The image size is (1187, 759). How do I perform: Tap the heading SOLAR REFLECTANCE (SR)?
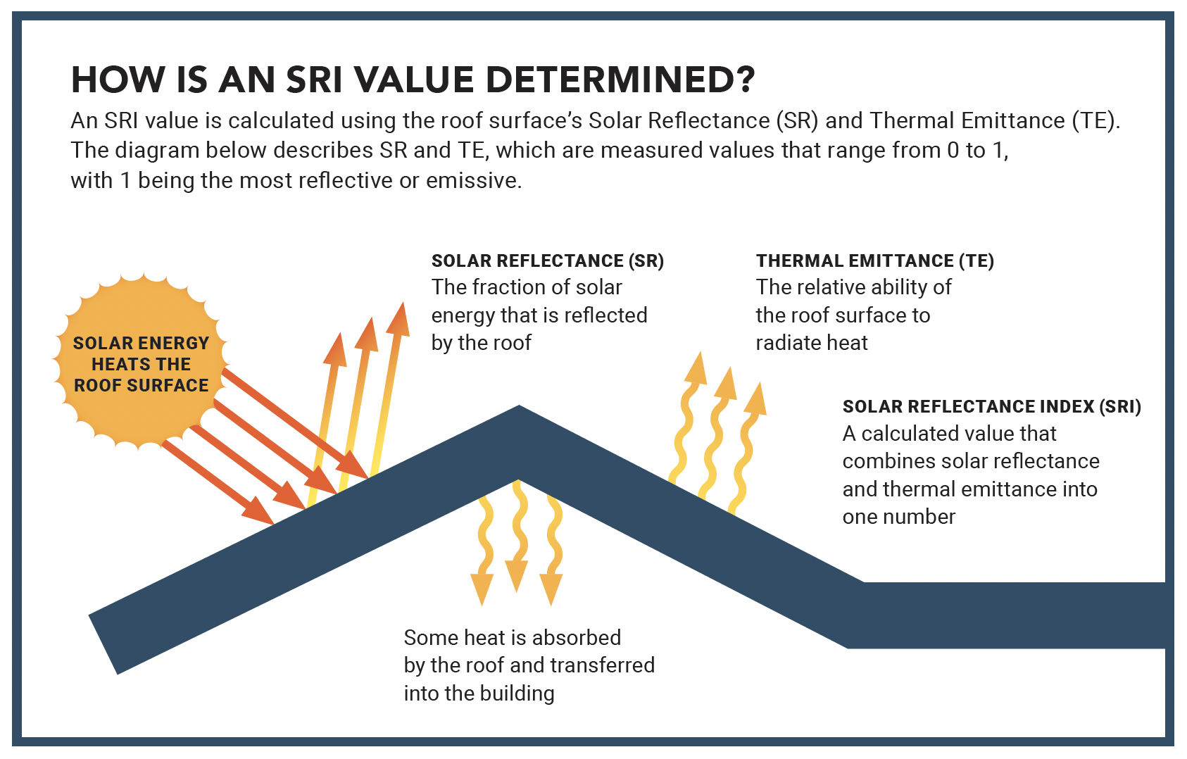pos(547,261)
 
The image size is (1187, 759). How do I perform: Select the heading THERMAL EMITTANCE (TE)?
pos(874,261)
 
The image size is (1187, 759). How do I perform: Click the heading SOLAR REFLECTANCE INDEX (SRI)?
pos(991,407)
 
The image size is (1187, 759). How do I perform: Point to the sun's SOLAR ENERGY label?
pos(141,344)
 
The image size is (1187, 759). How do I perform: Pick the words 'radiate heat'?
pos(811,343)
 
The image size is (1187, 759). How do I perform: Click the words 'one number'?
pos(898,517)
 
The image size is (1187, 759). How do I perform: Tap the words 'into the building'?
pos(479,694)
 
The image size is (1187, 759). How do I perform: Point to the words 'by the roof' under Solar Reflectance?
pos(481,343)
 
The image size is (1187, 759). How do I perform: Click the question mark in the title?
pos(743,80)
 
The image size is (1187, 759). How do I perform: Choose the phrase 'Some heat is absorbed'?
pos(512,638)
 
